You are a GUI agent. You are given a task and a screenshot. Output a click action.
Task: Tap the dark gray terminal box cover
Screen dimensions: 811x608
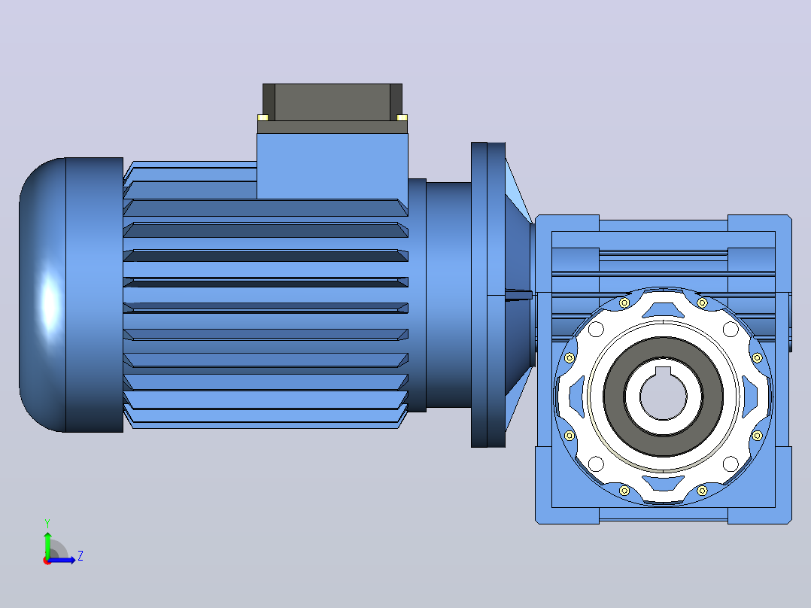(x=332, y=102)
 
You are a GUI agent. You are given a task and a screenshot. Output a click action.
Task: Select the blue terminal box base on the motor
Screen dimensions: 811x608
(x=332, y=166)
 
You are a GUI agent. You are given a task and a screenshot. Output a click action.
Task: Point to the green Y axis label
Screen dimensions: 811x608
(x=47, y=523)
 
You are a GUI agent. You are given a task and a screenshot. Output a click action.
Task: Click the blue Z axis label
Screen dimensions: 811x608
(x=80, y=556)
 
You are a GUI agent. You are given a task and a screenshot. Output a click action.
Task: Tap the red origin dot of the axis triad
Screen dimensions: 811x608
(x=47, y=561)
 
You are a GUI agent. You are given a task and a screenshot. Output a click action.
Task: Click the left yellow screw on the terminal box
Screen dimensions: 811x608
(x=263, y=117)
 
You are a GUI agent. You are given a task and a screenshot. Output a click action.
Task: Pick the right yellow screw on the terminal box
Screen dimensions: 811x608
(x=402, y=117)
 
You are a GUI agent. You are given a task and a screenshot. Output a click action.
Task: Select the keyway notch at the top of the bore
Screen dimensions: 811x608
(x=663, y=370)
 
